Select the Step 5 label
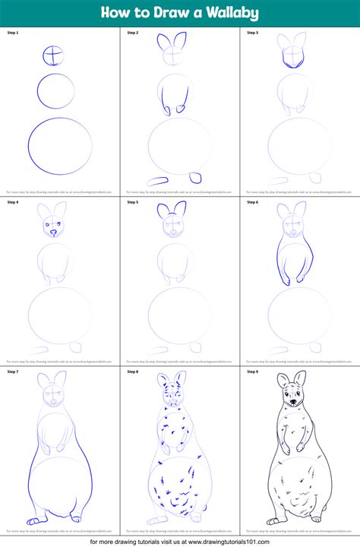(x=132, y=203)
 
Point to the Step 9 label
(x=252, y=372)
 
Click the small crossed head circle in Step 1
(x=53, y=55)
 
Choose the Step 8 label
(x=132, y=372)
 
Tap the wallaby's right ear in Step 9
(x=300, y=380)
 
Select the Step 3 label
(x=252, y=33)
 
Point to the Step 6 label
(x=252, y=203)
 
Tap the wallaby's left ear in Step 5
(x=163, y=212)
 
